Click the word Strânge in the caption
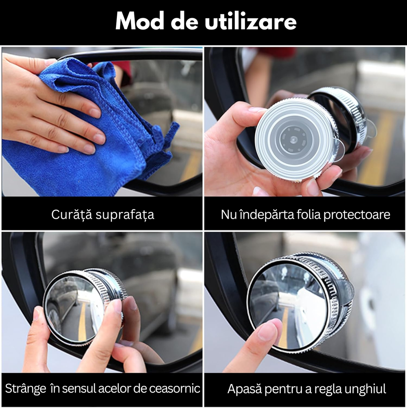26,389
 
